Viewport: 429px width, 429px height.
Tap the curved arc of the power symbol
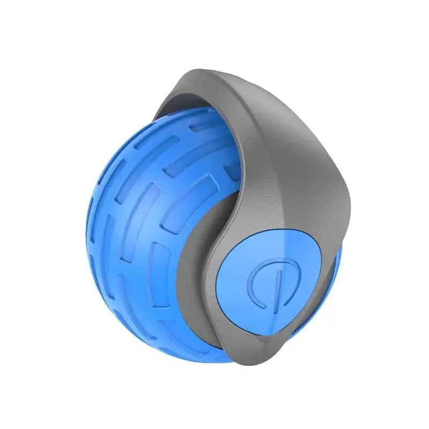[256, 285]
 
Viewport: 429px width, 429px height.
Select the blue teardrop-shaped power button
[279, 279]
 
